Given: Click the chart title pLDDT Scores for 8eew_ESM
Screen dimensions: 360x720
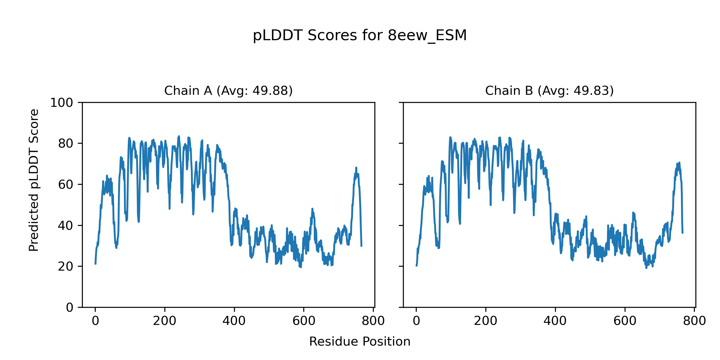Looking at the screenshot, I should pyautogui.click(x=360, y=35).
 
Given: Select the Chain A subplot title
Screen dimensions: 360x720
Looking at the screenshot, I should pyautogui.click(x=228, y=91).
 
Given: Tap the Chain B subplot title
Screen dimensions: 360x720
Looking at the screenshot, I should pyautogui.click(x=549, y=91).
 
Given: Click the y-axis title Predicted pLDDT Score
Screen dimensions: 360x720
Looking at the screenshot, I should pyautogui.click(x=34, y=180).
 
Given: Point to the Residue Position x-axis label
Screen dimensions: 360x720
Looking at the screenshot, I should pyautogui.click(x=360, y=341).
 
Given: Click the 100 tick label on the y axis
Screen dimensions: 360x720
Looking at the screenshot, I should pyautogui.click(x=61, y=103).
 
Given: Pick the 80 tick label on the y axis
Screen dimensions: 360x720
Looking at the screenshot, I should pyautogui.click(x=66, y=144).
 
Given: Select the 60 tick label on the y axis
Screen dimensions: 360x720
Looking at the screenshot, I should pyautogui.click(x=66, y=185).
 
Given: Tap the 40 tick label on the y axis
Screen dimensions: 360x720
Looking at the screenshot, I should pyautogui.click(x=66, y=226).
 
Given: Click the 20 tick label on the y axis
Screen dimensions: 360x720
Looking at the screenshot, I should pyautogui.click(x=66, y=266).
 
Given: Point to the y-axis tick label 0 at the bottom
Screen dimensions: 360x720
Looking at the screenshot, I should pyautogui.click(x=70, y=307).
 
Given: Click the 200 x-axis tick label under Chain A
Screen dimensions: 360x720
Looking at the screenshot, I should pyautogui.click(x=165, y=321).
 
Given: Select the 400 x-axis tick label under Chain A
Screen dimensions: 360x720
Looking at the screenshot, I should pyautogui.click(x=234, y=321).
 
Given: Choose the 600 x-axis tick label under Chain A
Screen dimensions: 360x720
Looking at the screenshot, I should pyautogui.click(x=304, y=321).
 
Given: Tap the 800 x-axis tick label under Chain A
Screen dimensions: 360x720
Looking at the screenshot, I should pyautogui.click(x=373, y=321).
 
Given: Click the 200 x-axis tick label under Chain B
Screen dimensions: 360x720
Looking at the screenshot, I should pyautogui.click(x=486, y=321).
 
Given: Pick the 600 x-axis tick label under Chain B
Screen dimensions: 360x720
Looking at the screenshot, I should pyautogui.click(x=625, y=321).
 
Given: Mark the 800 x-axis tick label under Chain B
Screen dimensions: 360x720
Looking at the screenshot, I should pyautogui.click(x=694, y=321).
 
